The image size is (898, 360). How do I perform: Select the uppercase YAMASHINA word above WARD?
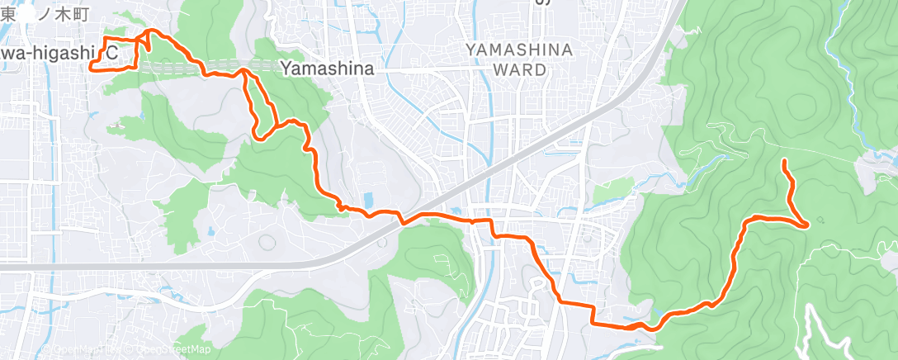click(x=519, y=50)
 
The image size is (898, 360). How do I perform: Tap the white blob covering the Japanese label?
click(x=29, y=14)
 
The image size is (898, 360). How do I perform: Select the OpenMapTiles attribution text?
click(x=78, y=350)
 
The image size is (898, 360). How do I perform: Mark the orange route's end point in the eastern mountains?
click(x=782, y=161)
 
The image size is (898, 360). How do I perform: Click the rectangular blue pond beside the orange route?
click(x=367, y=200)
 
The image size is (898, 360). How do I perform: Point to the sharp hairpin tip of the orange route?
click(x=805, y=224)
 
